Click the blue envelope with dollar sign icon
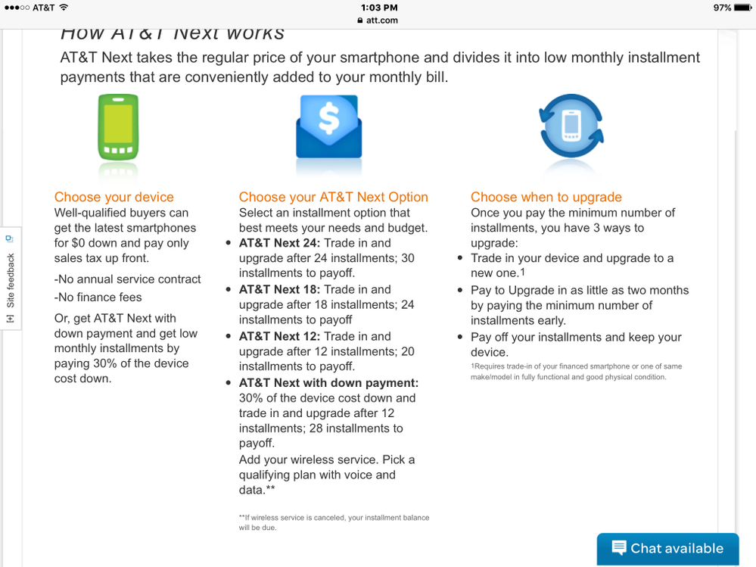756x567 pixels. point(328,126)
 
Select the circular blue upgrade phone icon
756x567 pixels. point(571,126)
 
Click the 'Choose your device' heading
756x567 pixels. point(114,197)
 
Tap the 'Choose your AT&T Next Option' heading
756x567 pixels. point(333,197)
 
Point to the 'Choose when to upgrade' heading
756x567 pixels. point(546,197)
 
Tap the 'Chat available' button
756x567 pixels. point(667,549)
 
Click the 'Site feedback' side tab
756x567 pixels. point(10,280)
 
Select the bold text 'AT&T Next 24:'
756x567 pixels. point(279,243)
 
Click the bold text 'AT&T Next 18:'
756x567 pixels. point(279,289)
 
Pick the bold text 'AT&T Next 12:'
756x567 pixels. point(279,336)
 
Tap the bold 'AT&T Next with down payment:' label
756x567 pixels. point(328,383)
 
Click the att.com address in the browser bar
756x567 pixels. point(378,20)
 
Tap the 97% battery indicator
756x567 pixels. point(722,8)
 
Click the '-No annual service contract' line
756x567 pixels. point(127,279)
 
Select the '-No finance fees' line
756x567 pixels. point(98,298)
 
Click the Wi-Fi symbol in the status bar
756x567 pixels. point(64,8)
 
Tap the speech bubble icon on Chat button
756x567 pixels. point(619,547)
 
